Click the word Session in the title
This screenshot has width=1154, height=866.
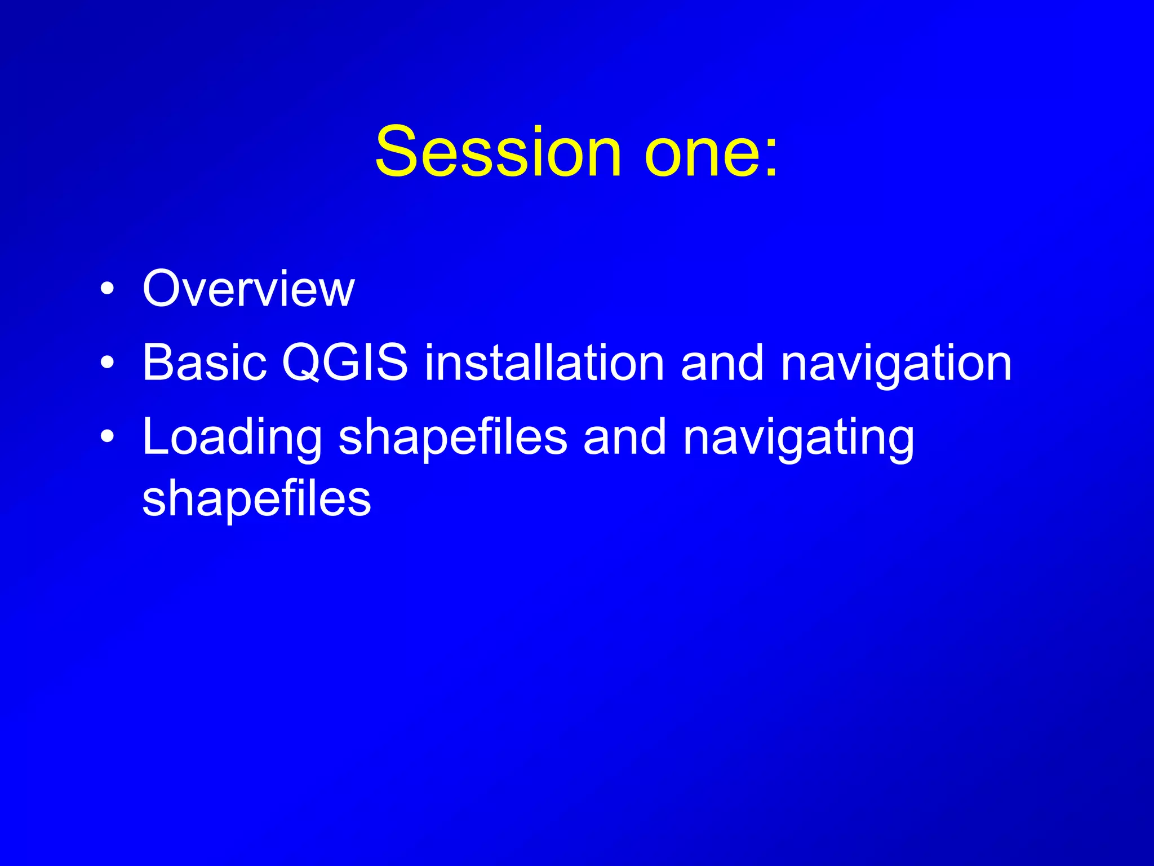pyautogui.click(x=498, y=152)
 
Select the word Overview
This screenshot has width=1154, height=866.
pyautogui.click(x=248, y=289)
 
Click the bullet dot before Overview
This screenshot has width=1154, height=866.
pyautogui.click(x=107, y=290)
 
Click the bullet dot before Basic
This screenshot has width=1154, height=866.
pyautogui.click(x=107, y=364)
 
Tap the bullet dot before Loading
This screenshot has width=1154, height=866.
pyautogui.click(x=107, y=437)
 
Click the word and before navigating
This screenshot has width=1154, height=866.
pyautogui.click(x=624, y=437)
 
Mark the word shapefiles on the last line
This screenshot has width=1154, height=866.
pyautogui.click(x=256, y=500)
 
